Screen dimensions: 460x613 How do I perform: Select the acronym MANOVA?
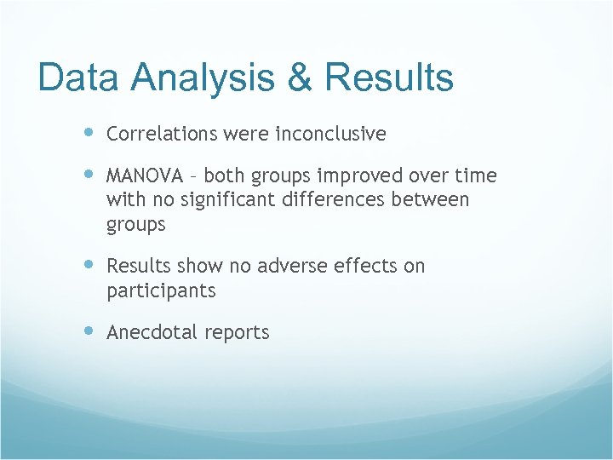click(x=144, y=176)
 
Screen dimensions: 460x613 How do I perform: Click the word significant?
click(x=210, y=200)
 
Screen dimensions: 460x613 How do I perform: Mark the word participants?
click(x=161, y=291)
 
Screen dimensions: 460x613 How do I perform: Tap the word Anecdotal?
click(x=152, y=333)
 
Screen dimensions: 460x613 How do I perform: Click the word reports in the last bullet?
click(x=236, y=333)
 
